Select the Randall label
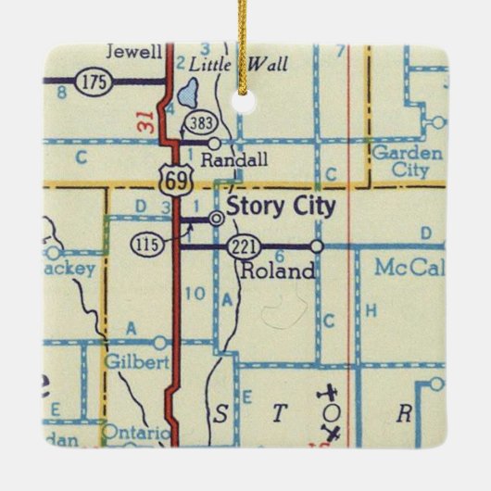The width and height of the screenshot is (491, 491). coord(242,160)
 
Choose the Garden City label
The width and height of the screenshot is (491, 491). coord(405,161)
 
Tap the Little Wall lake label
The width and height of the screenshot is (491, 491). coord(238,64)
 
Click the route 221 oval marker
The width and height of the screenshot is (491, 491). coord(241,246)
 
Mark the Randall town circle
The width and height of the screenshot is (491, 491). coord(215,144)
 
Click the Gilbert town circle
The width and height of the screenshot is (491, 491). coord(160,342)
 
